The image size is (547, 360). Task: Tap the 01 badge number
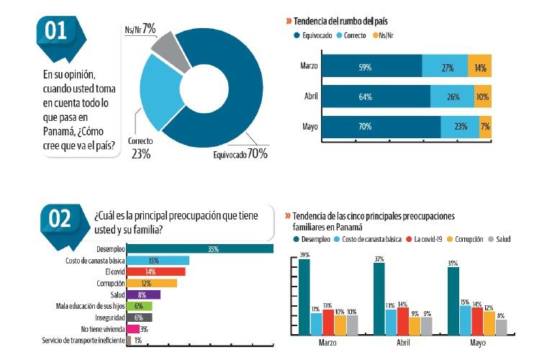56,31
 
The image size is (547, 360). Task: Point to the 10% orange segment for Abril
482,96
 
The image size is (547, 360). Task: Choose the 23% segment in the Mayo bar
460,127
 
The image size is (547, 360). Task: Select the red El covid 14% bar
156,272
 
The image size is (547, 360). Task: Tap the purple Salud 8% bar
143,294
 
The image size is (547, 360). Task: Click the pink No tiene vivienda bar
133,328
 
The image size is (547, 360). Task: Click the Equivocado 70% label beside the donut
240,153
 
